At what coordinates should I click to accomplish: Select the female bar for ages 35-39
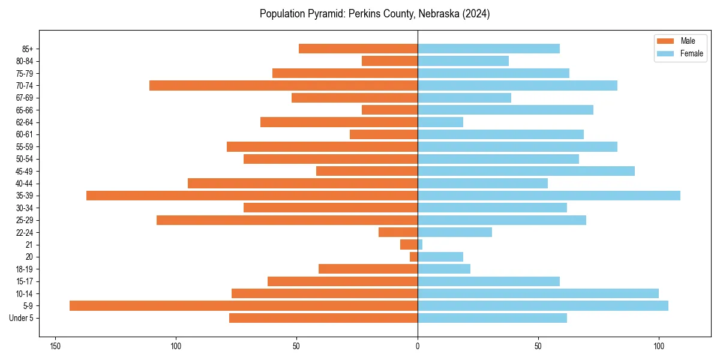tap(549, 196)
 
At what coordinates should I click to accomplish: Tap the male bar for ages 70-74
tap(283, 86)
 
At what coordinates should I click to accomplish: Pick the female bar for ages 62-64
tap(440, 122)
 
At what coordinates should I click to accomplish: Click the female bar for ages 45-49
tap(526, 171)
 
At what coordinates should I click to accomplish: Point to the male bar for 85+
tap(358, 49)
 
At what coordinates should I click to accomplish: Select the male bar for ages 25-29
tap(287, 220)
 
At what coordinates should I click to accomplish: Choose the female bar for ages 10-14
tap(538, 293)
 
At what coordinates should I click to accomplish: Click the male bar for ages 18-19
tap(368, 269)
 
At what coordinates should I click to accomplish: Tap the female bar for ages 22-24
tap(455, 232)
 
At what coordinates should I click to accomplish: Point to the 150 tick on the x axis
tap(55, 346)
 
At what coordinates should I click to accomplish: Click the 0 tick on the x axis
tap(418, 346)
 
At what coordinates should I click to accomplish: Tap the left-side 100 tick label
tap(176, 346)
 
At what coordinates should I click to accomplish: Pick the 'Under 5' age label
tap(21, 318)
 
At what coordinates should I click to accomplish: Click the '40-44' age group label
tap(25, 184)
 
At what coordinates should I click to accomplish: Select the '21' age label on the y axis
tap(29, 245)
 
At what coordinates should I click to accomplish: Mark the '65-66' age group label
tap(25, 110)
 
